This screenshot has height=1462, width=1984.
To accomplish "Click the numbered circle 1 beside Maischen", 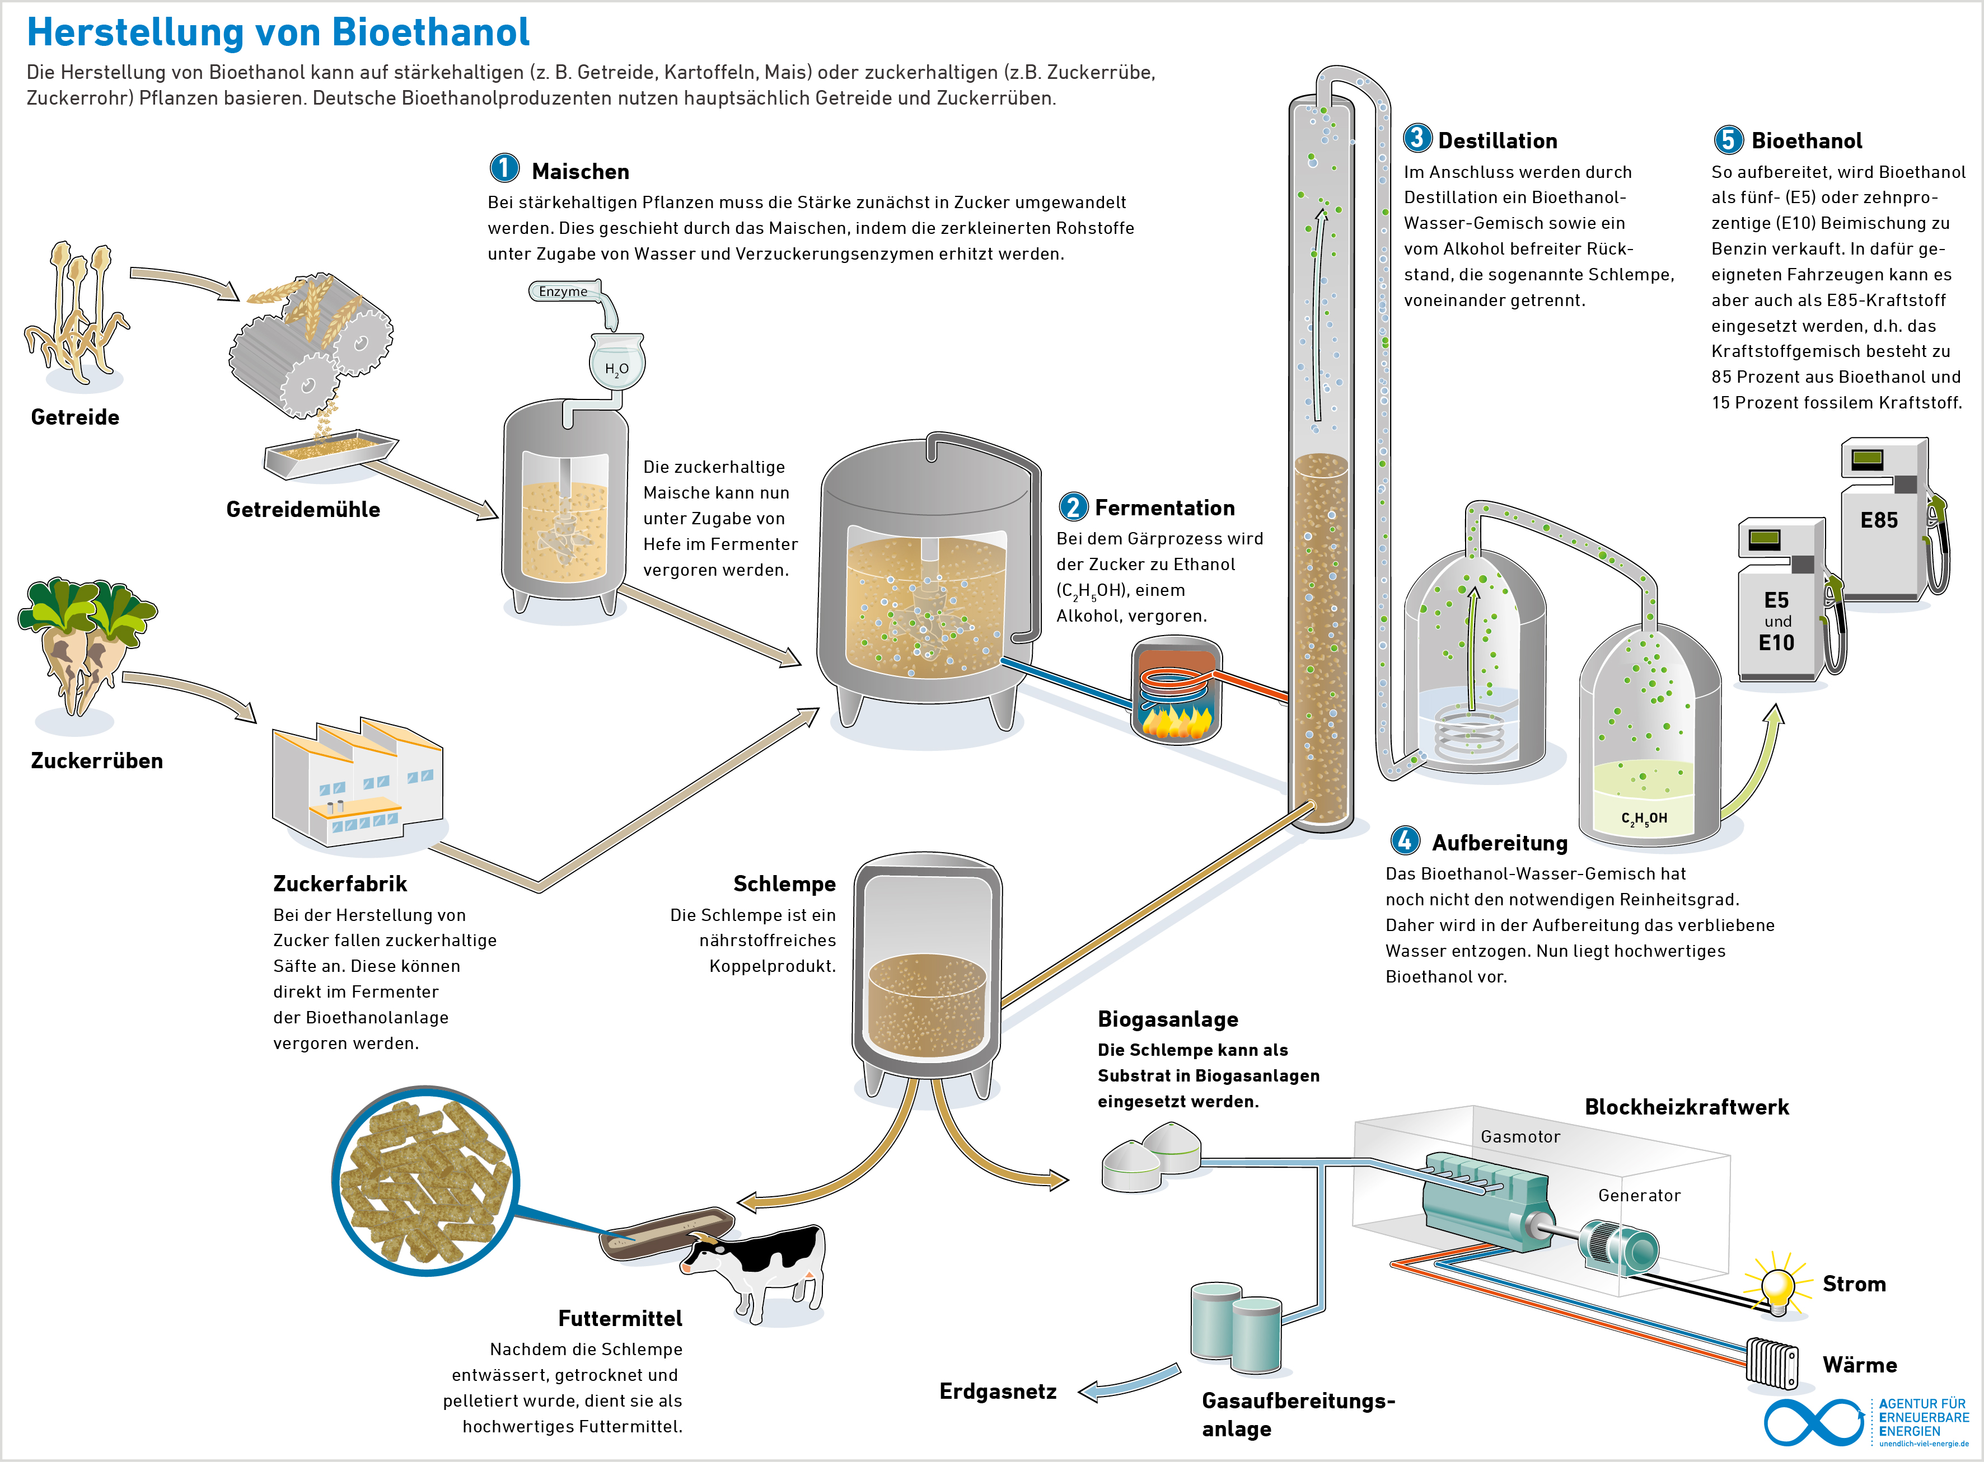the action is click(x=504, y=168).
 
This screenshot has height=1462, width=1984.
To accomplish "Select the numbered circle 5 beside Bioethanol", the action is click(x=1728, y=139).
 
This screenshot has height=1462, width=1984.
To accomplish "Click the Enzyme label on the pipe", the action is click(x=563, y=291).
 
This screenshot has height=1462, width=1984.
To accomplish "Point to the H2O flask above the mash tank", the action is click(x=617, y=361).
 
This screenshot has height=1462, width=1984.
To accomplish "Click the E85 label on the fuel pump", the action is click(x=1879, y=520).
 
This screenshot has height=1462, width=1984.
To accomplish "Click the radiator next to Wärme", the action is click(x=1772, y=1364).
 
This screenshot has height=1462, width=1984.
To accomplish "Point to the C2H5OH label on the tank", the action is click(x=1644, y=819).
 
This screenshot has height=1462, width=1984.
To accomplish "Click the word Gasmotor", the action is click(x=1520, y=1136).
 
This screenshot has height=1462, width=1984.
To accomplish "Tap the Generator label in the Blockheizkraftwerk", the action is click(x=1639, y=1196).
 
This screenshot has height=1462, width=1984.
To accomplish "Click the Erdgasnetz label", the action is click(x=998, y=1391).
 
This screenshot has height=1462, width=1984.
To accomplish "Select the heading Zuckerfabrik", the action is click(x=340, y=883).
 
